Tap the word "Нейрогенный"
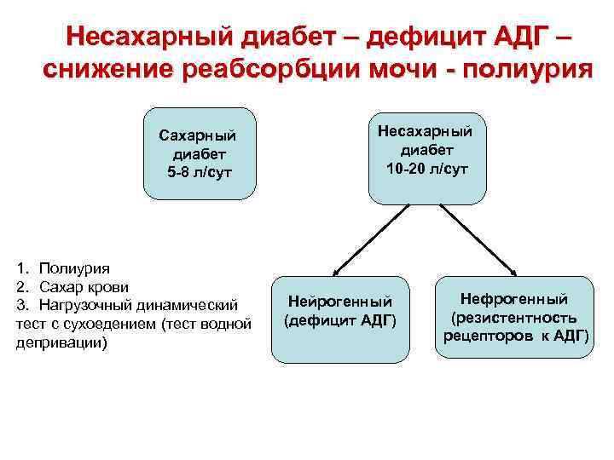pyautogui.click(x=339, y=301)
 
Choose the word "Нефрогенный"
pyautogui.click(x=514, y=298)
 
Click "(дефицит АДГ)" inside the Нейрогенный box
pyautogui.click(x=339, y=320)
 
